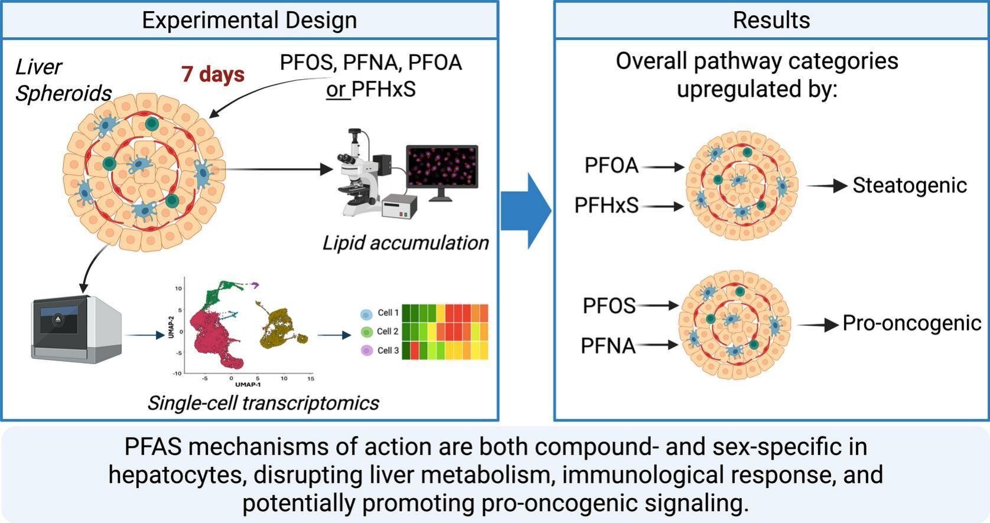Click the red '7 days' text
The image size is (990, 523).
pos(213,74)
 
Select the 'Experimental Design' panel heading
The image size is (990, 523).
pos(249,20)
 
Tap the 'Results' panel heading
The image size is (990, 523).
pos(771,20)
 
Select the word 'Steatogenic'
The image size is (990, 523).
pos(909,185)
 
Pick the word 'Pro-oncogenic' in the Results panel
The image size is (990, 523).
pos(911,323)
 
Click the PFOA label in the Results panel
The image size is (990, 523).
pos(611,166)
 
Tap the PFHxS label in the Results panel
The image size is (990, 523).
pos(606,205)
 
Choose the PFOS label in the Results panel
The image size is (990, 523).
pos(609,306)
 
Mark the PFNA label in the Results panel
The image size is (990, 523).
pos(608,345)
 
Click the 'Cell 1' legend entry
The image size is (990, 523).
pos(380,313)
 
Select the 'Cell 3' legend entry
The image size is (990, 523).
pos(380,351)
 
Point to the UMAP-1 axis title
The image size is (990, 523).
pos(247,385)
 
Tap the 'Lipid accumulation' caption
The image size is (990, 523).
pos(405,243)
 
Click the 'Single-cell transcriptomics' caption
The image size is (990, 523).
pos(263,403)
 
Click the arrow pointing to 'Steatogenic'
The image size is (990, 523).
pos(827,186)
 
